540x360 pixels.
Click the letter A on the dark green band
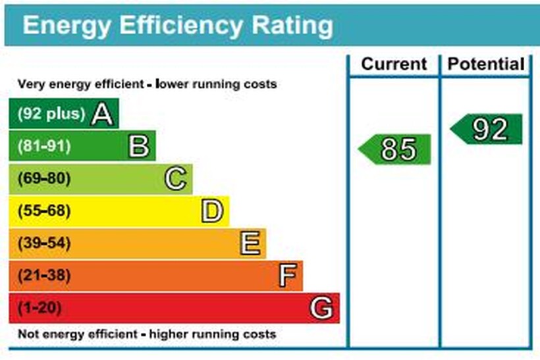[x=103, y=114]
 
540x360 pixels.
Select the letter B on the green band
[x=139, y=146]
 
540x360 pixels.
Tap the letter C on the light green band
[x=176, y=178]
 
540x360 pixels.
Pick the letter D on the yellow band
[x=212, y=211]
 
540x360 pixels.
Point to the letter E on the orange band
[x=250, y=244]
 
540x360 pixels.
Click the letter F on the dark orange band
[x=286, y=276]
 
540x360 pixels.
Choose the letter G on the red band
[x=322, y=308]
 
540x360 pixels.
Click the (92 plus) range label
[x=51, y=114]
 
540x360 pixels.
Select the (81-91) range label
[x=43, y=146]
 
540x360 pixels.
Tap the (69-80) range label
[x=43, y=178]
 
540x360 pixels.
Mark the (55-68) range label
[x=43, y=211]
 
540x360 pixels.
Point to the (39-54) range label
[x=43, y=244]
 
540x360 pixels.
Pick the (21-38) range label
[x=43, y=276]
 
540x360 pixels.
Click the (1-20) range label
[x=40, y=308]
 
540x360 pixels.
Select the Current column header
[x=394, y=64]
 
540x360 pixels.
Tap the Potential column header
[x=486, y=64]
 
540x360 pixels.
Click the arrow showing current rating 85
[x=396, y=149]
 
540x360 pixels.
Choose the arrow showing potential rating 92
[x=488, y=129]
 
